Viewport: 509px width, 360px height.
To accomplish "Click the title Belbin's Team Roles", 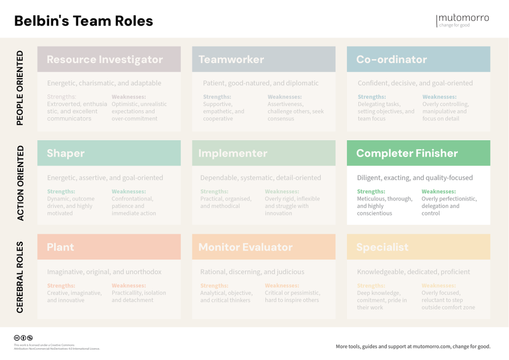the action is point(83,21).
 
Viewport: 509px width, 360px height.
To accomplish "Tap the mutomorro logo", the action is point(463,20).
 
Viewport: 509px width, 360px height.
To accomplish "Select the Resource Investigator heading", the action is point(105,59).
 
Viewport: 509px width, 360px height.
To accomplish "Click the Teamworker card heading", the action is point(231,59).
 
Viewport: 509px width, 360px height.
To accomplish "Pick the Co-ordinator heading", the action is point(391,59).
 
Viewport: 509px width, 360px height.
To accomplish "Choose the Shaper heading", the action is point(66,153).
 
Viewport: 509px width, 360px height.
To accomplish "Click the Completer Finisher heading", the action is point(407,153).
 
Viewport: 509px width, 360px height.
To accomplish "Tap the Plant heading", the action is point(61,247).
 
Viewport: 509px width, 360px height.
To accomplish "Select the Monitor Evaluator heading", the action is point(245,247).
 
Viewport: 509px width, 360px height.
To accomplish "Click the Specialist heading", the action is point(382,247).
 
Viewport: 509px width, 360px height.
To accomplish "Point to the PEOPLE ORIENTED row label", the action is point(20,88).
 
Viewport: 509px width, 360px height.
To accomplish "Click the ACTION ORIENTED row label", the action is point(20,183).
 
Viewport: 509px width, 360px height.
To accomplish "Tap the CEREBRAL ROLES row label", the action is point(20,277).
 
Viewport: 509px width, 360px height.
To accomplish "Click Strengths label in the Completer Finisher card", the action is point(371,192).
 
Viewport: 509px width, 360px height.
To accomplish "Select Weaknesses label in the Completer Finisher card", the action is point(438,192).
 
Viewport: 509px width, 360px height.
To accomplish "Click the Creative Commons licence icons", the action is point(23,338).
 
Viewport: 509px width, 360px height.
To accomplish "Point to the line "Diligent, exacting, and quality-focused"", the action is point(415,178).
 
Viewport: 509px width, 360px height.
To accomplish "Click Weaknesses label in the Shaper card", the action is point(128,192).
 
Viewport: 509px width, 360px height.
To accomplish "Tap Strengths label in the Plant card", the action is point(61,286).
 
